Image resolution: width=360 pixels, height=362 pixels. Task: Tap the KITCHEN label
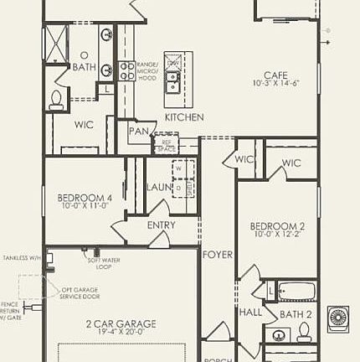coord(184,118)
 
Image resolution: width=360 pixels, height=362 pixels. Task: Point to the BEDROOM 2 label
coord(275,226)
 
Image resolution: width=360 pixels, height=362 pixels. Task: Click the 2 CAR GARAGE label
coord(116,322)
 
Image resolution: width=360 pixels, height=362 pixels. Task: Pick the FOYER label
coord(217,254)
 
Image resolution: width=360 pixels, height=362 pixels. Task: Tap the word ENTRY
coord(161,225)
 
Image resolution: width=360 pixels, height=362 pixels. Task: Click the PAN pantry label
coord(138,132)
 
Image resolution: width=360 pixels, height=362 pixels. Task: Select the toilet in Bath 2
coord(280,334)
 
